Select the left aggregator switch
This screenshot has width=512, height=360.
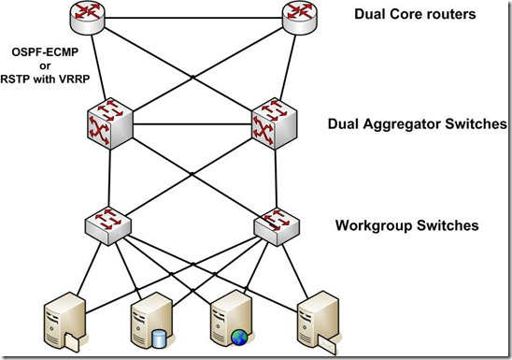[x=110, y=124]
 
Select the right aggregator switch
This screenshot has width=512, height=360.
[x=274, y=124]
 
